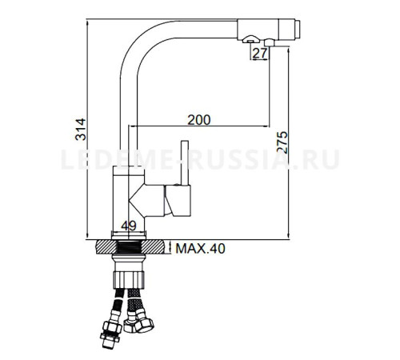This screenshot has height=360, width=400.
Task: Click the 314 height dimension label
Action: pos(81,130)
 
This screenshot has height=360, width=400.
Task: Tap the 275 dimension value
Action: pos(282,142)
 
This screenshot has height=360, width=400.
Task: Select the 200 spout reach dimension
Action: pos(199,120)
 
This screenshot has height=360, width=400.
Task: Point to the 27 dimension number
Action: pos(260,54)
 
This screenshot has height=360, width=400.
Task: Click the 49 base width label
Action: pos(129,226)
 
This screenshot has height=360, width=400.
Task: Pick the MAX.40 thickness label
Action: pos(201,249)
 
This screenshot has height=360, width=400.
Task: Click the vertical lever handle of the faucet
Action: pos(185,162)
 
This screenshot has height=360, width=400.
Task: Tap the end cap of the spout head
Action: pos(298,30)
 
